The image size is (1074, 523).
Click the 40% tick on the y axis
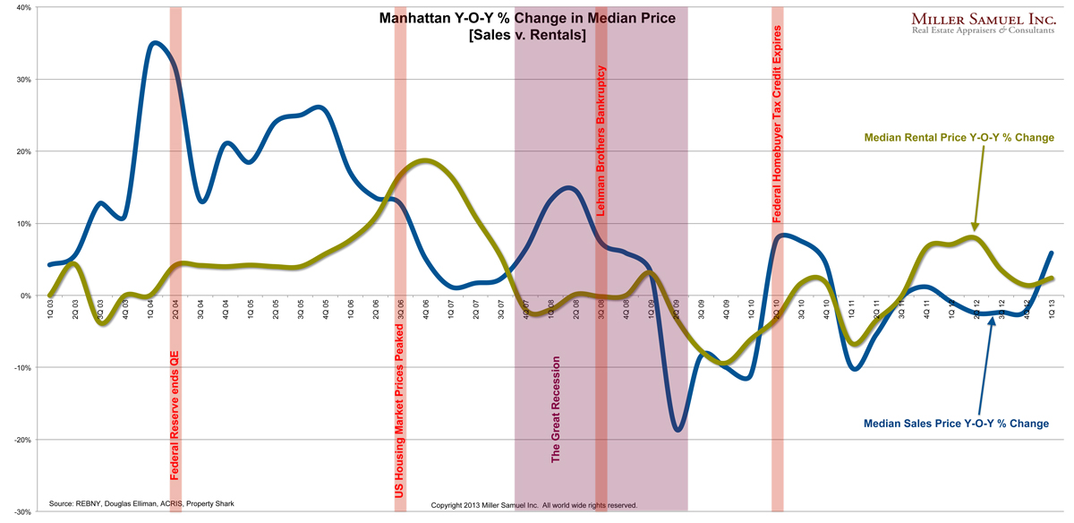[21, 7]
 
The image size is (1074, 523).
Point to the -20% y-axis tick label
[20, 440]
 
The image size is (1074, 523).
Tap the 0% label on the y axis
[23, 296]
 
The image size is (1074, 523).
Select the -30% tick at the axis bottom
[20, 512]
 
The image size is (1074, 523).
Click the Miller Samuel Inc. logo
[985, 23]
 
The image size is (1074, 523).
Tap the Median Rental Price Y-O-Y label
[959, 138]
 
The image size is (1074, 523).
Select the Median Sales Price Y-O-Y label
[956, 423]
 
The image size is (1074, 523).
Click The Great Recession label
[556, 409]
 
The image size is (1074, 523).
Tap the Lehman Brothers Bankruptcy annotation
[601, 143]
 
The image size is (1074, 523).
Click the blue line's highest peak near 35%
[155, 42]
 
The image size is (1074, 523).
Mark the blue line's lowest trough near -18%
[678, 431]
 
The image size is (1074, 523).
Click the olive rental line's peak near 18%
[425, 160]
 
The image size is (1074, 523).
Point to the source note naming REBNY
[141, 504]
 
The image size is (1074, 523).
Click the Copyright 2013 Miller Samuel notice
[533, 505]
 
